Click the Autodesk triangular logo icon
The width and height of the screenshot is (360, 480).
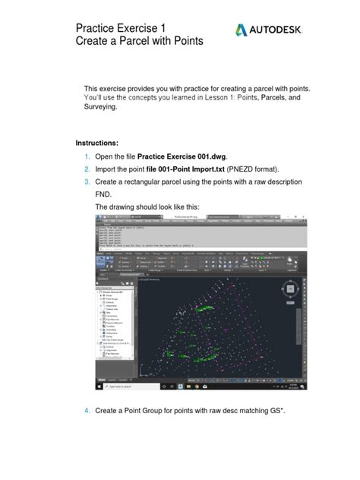coord(241,30)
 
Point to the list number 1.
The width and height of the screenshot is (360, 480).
coord(87,156)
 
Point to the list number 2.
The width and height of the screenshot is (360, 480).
coord(87,169)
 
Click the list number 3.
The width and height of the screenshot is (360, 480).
coord(87,182)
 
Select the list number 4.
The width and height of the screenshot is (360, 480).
coord(87,411)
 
